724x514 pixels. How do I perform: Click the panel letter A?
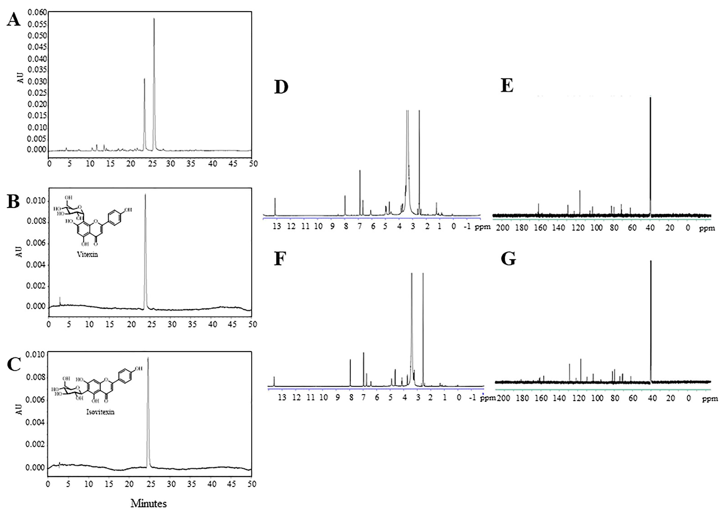[14, 20]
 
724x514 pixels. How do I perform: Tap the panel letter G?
[508, 259]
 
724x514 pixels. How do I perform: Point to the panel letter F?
[280, 259]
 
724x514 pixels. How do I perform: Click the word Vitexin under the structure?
[87, 254]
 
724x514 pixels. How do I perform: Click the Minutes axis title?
[149, 503]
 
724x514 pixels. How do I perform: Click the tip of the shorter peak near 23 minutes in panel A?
[144, 79]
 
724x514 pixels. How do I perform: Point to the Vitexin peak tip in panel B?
[145, 194]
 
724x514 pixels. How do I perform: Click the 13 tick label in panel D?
[277, 227]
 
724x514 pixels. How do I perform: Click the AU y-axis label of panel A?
[20, 78]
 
